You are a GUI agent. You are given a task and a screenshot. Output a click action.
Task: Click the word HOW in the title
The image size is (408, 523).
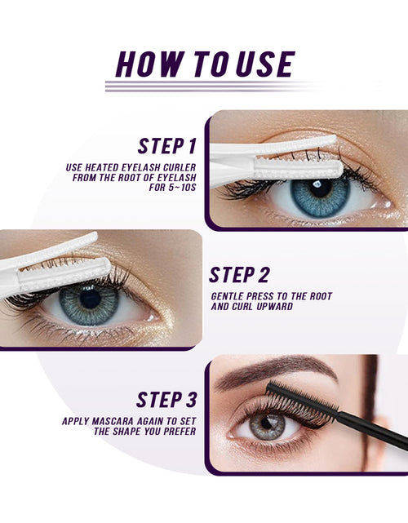coord(151,64)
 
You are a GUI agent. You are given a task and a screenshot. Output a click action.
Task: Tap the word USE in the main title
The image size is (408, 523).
coord(265,64)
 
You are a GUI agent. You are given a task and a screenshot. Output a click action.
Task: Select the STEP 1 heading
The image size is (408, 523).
coord(166,146)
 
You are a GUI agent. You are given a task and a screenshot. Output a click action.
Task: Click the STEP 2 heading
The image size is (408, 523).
coord(239,275)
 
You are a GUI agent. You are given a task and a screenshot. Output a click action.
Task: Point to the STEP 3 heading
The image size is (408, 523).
coord(166,400)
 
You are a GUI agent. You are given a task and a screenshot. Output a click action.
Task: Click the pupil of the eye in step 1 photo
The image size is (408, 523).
coord(320,188)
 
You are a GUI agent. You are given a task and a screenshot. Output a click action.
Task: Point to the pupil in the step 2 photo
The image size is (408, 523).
coord(90,299)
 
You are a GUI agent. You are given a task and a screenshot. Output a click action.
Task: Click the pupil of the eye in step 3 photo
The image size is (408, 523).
coord(267,423)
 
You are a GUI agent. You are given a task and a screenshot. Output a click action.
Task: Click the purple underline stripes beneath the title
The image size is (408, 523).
coord(214,86)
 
